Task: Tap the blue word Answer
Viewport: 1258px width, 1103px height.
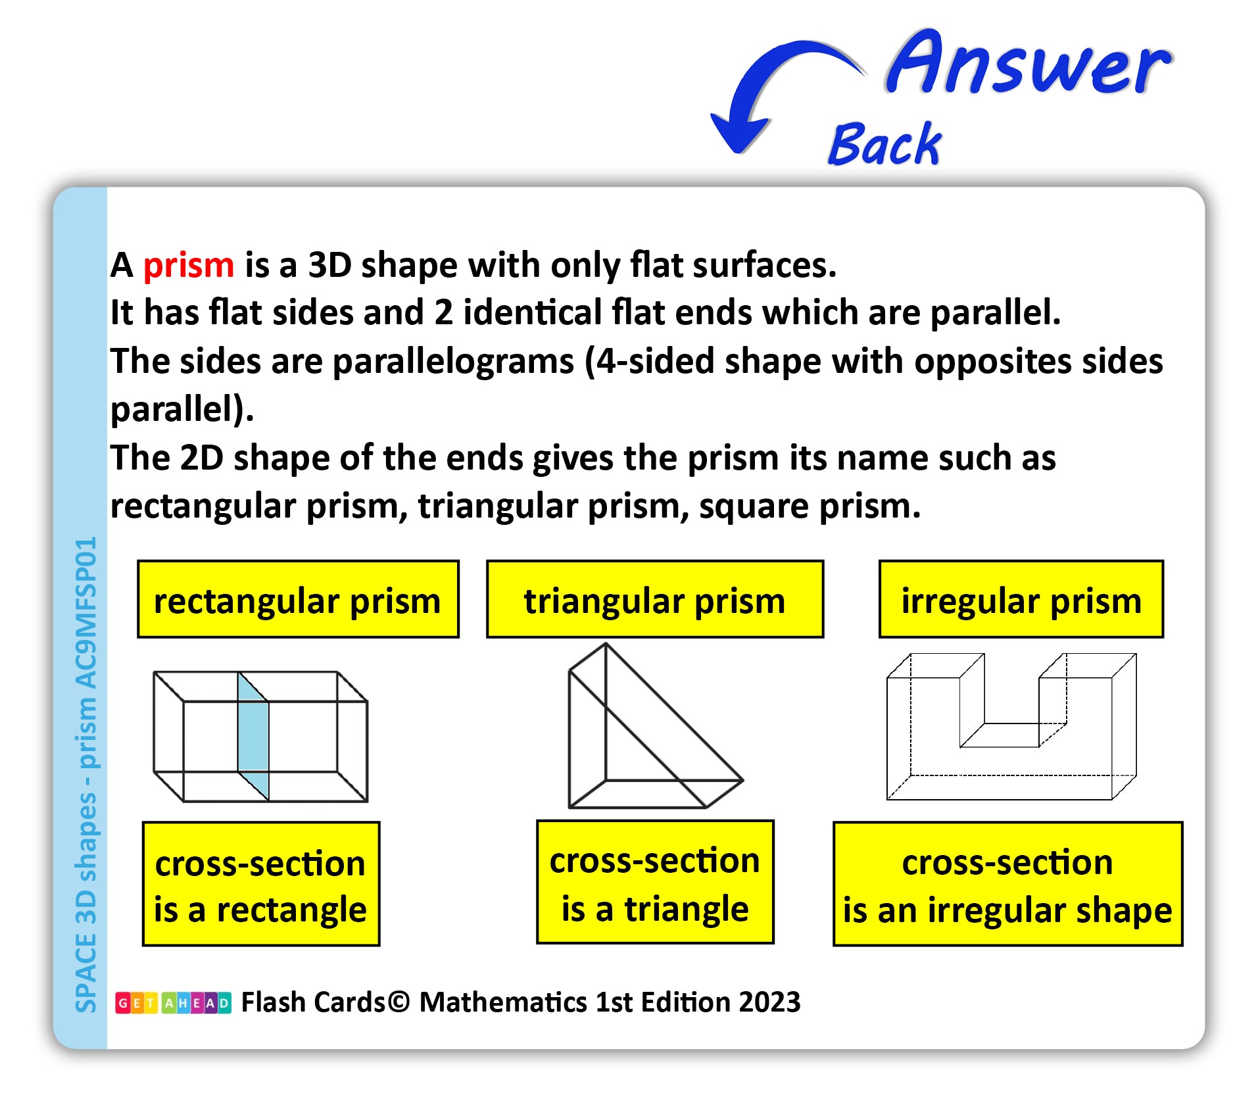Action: coord(1028,63)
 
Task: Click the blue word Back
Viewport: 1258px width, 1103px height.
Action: coord(885,143)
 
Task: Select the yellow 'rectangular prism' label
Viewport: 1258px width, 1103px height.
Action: coord(298,599)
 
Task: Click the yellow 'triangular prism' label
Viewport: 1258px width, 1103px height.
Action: coord(655,599)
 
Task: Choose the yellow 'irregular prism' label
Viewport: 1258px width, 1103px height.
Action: coord(1021,599)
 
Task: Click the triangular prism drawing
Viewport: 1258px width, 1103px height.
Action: coord(655,726)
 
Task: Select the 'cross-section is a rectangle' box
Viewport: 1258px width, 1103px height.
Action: coord(261,884)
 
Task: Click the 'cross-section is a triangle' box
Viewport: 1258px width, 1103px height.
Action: coord(655,882)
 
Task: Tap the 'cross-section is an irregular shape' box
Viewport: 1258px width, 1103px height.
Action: coord(1007,884)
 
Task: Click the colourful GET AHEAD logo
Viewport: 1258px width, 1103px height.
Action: coord(173,1003)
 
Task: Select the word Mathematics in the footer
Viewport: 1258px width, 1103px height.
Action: coord(503,1002)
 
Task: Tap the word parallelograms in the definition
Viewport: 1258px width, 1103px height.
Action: coord(454,362)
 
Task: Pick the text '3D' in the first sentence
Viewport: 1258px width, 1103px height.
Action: coord(330,265)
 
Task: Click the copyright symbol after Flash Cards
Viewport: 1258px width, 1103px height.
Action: coord(399,1002)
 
